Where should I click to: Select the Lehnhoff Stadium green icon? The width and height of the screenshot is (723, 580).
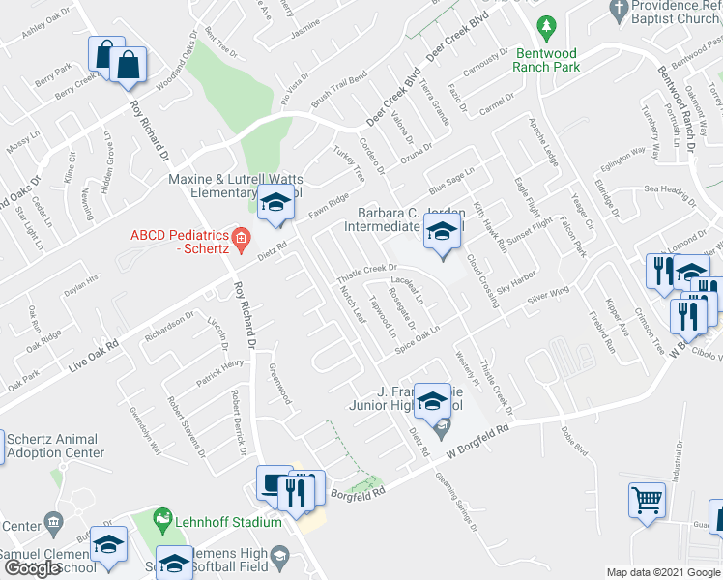[x=162, y=521]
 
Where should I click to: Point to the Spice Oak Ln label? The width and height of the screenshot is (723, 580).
[x=417, y=337]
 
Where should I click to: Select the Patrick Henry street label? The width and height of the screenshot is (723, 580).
[x=219, y=370]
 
